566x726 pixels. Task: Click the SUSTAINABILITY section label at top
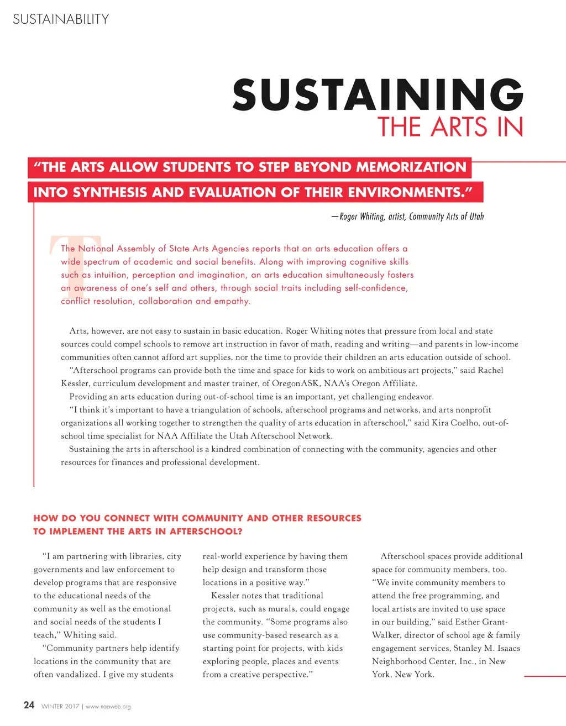tap(61, 19)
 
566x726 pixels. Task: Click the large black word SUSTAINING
tap(378, 94)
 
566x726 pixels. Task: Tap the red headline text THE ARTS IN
tap(450, 127)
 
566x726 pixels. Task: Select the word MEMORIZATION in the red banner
tap(411, 167)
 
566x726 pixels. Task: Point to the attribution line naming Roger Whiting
tap(407, 217)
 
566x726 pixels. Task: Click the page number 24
tap(29, 705)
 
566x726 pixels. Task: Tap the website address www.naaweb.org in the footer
tap(108, 707)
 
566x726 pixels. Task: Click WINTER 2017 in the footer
tap(60, 707)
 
